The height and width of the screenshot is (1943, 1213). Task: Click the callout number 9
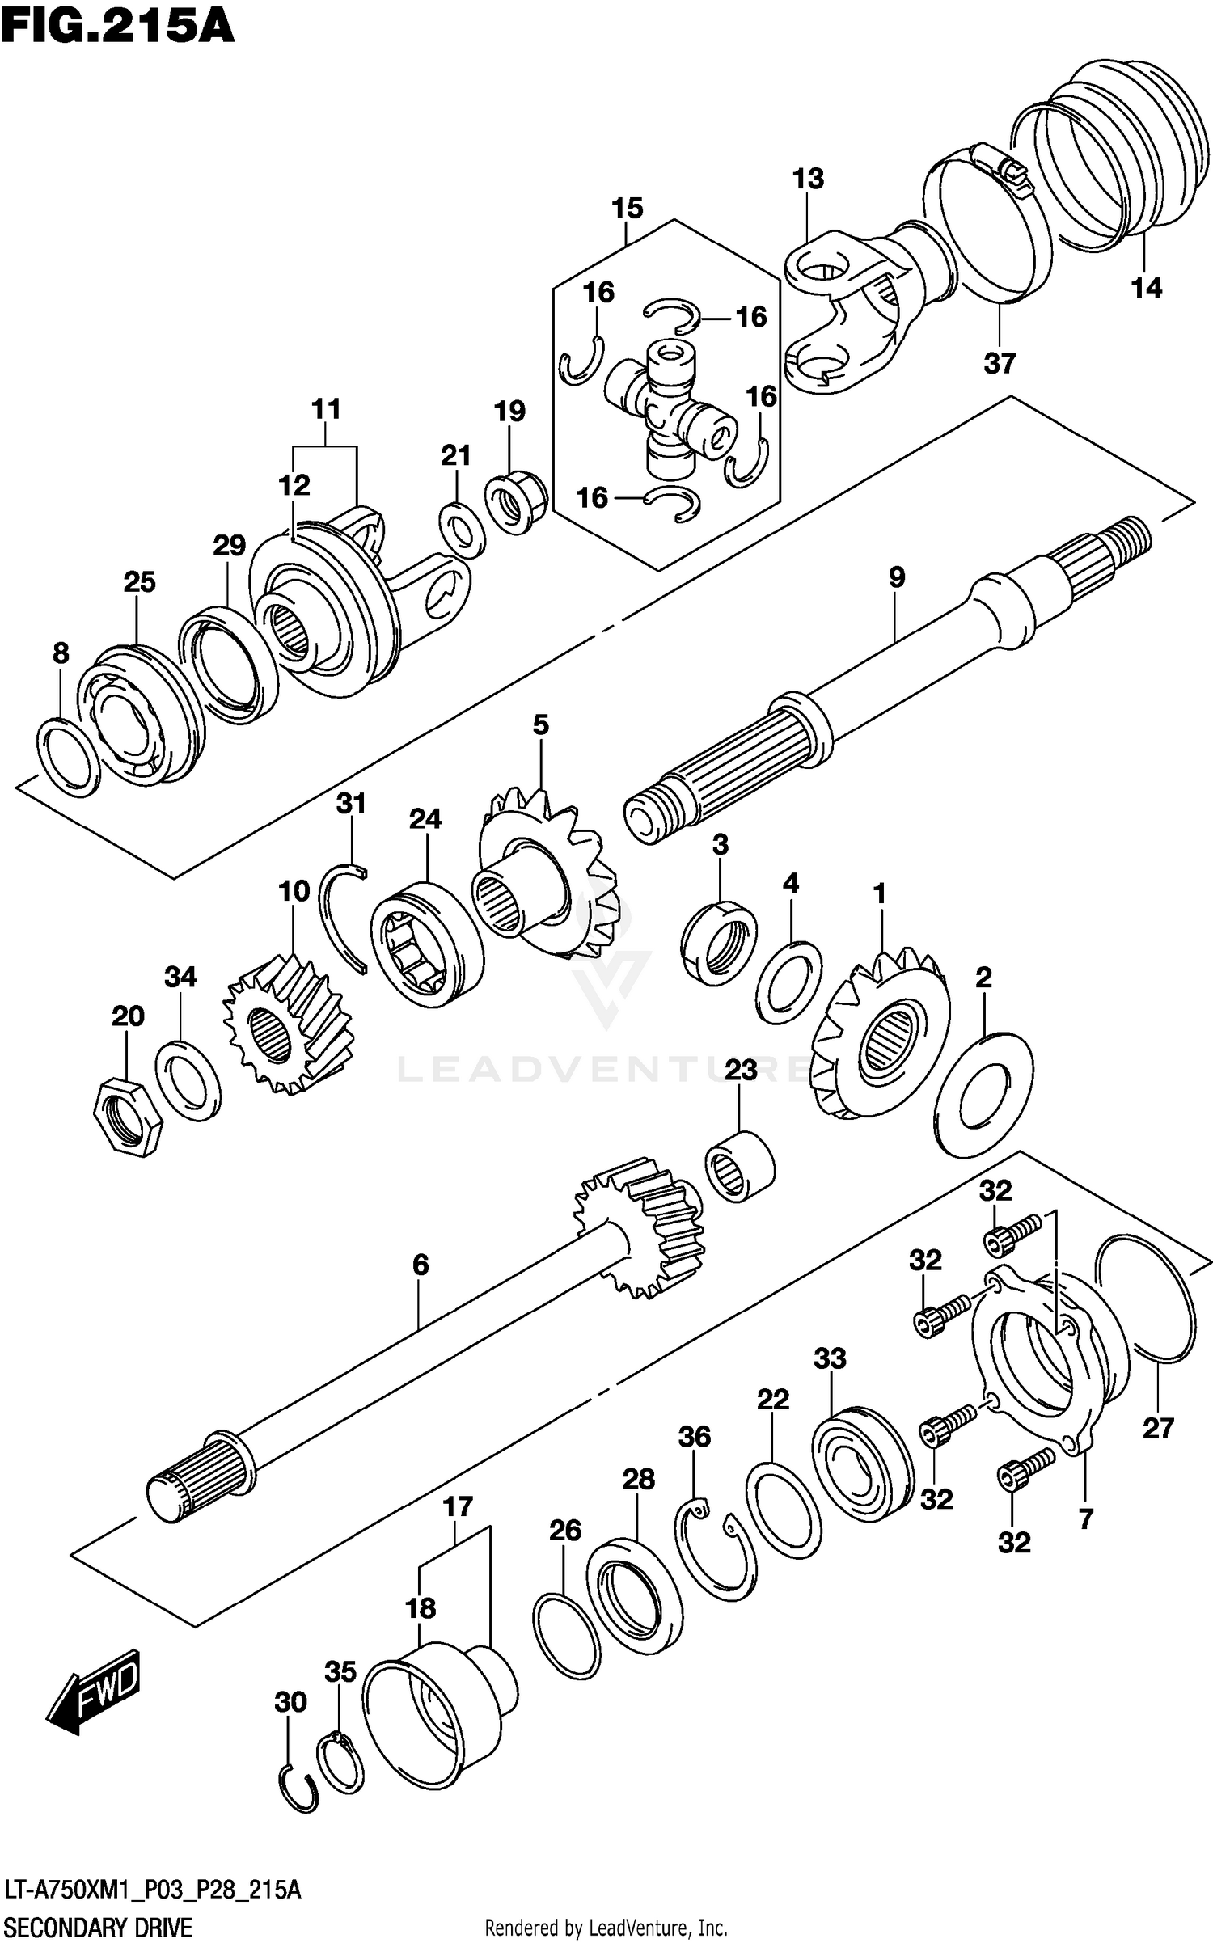[896, 577]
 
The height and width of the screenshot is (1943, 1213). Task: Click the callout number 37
[1000, 364]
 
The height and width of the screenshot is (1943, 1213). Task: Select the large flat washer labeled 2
[983, 1092]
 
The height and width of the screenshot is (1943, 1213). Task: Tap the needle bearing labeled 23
[739, 1166]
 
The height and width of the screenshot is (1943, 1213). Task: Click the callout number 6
[420, 1265]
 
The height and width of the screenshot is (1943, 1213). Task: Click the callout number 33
[830, 1359]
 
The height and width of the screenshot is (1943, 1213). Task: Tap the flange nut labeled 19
[516, 505]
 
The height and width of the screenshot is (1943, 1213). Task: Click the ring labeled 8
[68, 755]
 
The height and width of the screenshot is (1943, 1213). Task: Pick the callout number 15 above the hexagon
[627, 208]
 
